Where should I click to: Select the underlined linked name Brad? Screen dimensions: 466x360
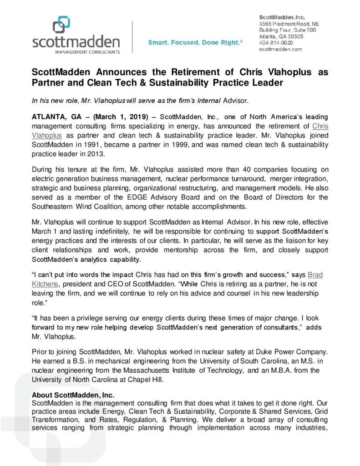point(318,275)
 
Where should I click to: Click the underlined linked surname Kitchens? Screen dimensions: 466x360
point(45,284)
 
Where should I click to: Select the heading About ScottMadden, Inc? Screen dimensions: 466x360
point(73,395)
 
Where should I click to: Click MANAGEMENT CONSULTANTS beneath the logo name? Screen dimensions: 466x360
point(76,52)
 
